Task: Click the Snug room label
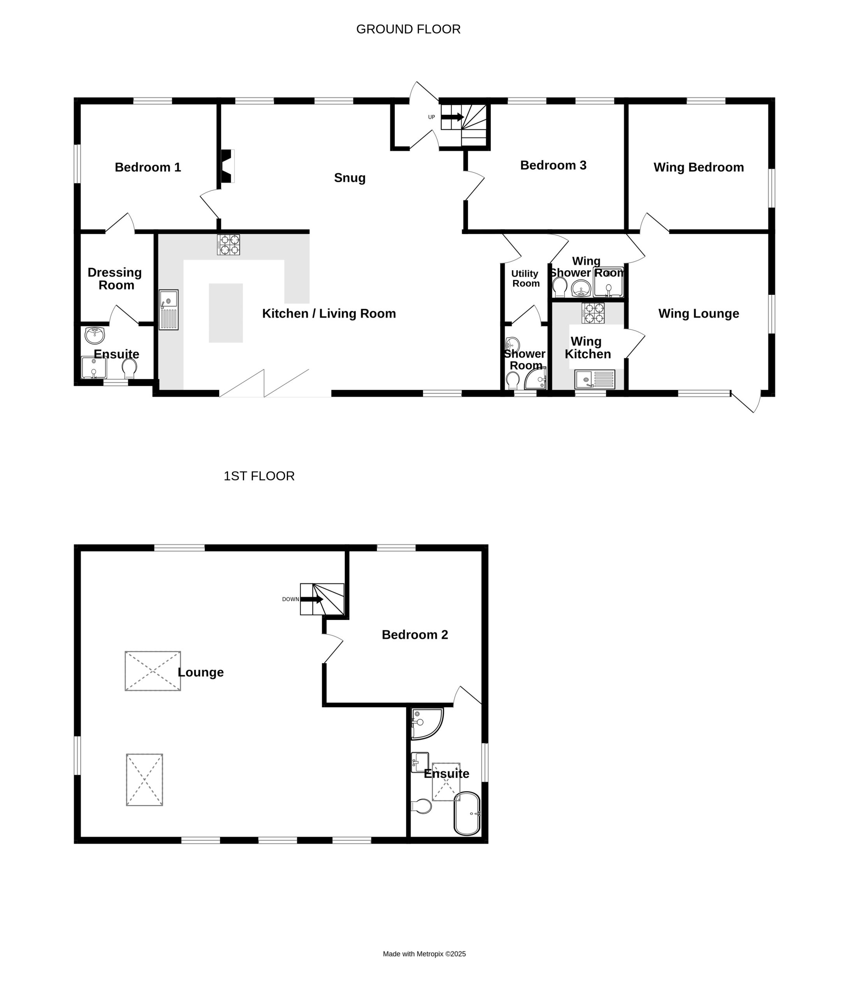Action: pyautogui.click(x=350, y=178)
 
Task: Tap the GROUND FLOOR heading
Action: pyautogui.click(x=408, y=29)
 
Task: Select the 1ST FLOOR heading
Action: pyautogui.click(x=259, y=476)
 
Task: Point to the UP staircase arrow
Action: pyautogui.click(x=453, y=117)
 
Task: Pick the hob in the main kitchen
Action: pyautogui.click(x=229, y=245)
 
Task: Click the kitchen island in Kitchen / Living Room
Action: pyautogui.click(x=226, y=313)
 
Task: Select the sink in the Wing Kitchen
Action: pyautogui.click(x=594, y=379)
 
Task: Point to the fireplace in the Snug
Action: pyautogui.click(x=227, y=166)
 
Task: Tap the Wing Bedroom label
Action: pyautogui.click(x=698, y=167)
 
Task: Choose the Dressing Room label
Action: pyautogui.click(x=115, y=278)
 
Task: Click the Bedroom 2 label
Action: pyautogui.click(x=415, y=635)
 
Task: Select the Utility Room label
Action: pyautogui.click(x=525, y=278)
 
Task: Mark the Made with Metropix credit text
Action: pyautogui.click(x=424, y=954)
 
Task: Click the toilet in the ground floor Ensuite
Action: pyautogui.click(x=129, y=368)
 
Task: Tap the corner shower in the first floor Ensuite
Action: pyautogui.click(x=426, y=723)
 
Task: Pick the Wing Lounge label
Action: pyautogui.click(x=698, y=314)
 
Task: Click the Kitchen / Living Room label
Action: pyautogui.click(x=329, y=314)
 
